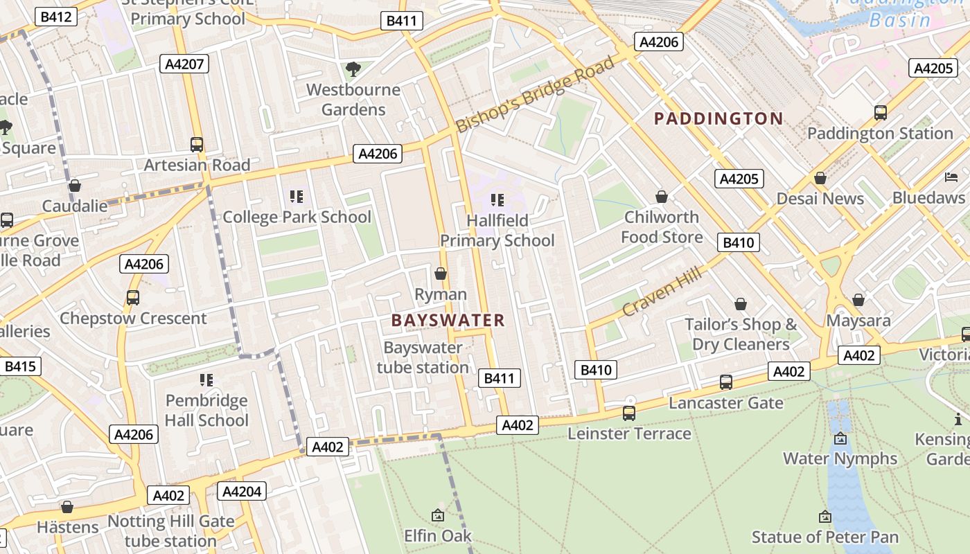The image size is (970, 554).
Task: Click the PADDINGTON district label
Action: pyautogui.click(x=718, y=118)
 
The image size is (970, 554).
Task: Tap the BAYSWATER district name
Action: pyautogui.click(x=448, y=320)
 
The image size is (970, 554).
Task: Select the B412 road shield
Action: pyautogui.click(x=57, y=17)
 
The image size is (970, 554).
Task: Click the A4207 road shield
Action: pyautogui.click(x=184, y=64)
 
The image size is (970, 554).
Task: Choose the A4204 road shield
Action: pyautogui.click(x=241, y=491)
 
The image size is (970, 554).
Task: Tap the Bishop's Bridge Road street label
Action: pyautogui.click(x=535, y=95)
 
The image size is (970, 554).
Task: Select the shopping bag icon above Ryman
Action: pyautogui.click(x=441, y=274)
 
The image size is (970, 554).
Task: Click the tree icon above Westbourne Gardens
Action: pyautogui.click(x=353, y=69)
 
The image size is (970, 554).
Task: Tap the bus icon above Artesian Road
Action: pyautogui.click(x=197, y=144)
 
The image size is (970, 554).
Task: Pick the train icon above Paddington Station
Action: pyautogui.click(x=880, y=112)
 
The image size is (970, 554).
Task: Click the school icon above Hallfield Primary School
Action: pyautogui.click(x=497, y=200)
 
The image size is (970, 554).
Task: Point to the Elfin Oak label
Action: pyautogui.click(x=438, y=535)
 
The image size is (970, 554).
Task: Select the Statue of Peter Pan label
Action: pyautogui.click(x=824, y=537)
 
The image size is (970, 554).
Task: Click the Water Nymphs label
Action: pyautogui.click(x=840, y=458)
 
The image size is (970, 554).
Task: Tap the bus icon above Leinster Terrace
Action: pyautogui.click(x=629, y=413)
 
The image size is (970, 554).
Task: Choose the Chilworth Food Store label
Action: pyautogui.click(x=662, y=226)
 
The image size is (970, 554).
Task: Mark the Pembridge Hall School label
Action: pyautogui.click(x=206, y=410)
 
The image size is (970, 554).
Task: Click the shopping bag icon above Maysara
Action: pyautogui.click(x=858, y=300)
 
